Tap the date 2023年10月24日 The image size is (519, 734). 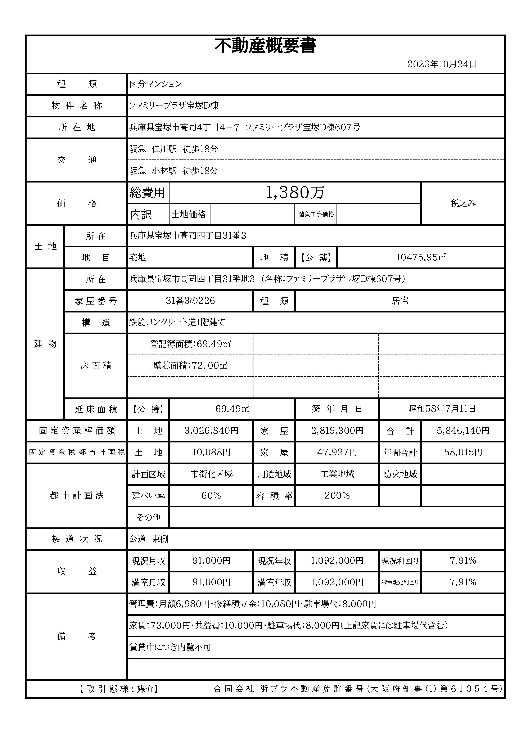coord(442,64)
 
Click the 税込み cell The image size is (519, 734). coord(463,203)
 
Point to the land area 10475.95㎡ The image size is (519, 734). coord(421,257)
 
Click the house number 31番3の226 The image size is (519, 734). coord(190,301)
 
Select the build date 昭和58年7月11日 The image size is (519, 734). coord(442,409)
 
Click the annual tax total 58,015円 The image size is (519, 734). coord(463,452)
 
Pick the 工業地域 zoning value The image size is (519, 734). coord(337,474)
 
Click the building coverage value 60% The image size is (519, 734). coord(211,496)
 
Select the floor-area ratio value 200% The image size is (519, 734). coord(337,496)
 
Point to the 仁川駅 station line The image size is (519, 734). coord(173,149)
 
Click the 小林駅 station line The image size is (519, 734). coord(173,171)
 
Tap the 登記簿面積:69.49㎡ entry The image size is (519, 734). coord(190,344)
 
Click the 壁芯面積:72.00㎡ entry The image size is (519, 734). coord(190,365)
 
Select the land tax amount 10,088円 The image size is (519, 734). coord(211,452)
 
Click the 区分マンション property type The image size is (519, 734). coord(156,84)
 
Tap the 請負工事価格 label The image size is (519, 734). coord(316,214)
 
